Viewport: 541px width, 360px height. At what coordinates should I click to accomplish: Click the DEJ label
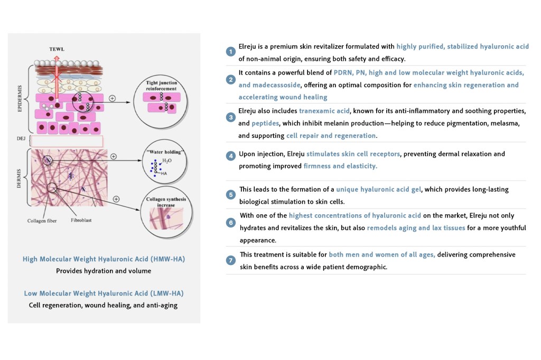click(20, 139)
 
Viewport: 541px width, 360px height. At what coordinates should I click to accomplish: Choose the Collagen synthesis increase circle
click(165, 217)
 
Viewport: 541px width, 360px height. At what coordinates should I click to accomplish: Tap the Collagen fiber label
click(40, 221)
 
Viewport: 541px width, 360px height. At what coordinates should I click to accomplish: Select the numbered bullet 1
click(230, 51)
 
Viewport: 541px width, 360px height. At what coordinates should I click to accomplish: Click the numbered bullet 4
click(230, 156)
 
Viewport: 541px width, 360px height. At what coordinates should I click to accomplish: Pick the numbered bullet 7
click(230, 260)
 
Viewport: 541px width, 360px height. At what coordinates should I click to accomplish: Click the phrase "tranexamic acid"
click(324, 111)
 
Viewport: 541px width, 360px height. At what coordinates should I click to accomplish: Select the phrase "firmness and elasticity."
click(340, 166)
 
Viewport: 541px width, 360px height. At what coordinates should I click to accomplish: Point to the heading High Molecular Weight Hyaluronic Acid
click(104, 259)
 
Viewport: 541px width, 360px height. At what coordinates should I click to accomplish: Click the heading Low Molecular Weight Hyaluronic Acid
click(104, 293)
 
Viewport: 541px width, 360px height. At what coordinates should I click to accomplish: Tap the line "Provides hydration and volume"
click(104, 271)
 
